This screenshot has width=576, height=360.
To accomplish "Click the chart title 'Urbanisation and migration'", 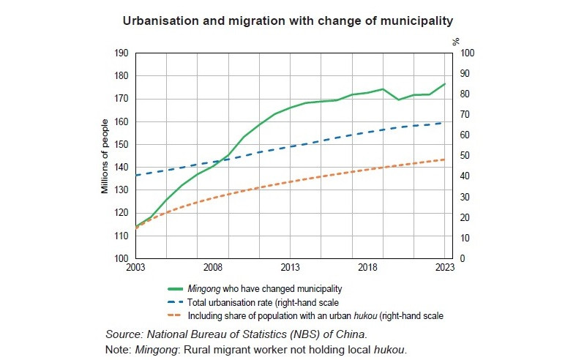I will click(288, 19).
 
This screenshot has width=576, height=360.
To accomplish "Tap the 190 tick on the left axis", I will click(122, 53).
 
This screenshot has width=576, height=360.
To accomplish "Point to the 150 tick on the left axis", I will click(122, 144).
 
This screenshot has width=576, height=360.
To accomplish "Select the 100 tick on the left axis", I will click(122, 258).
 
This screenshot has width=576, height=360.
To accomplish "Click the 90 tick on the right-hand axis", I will click(465, 73).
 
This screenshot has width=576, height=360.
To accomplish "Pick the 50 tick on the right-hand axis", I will click(465, 156).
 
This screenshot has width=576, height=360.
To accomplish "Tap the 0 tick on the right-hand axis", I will click(463, 258).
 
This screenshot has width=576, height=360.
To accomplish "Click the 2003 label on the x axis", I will click(135, 269).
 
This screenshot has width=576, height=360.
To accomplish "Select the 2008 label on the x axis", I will click(213, 269).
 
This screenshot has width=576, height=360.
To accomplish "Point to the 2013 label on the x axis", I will click(291, 269).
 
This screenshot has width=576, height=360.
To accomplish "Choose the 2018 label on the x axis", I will click(367, 269).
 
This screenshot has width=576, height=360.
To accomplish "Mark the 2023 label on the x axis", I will click(444, 269).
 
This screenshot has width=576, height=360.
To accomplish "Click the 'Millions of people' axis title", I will click(105, 156).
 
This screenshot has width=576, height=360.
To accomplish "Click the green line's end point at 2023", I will click(445, 84).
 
